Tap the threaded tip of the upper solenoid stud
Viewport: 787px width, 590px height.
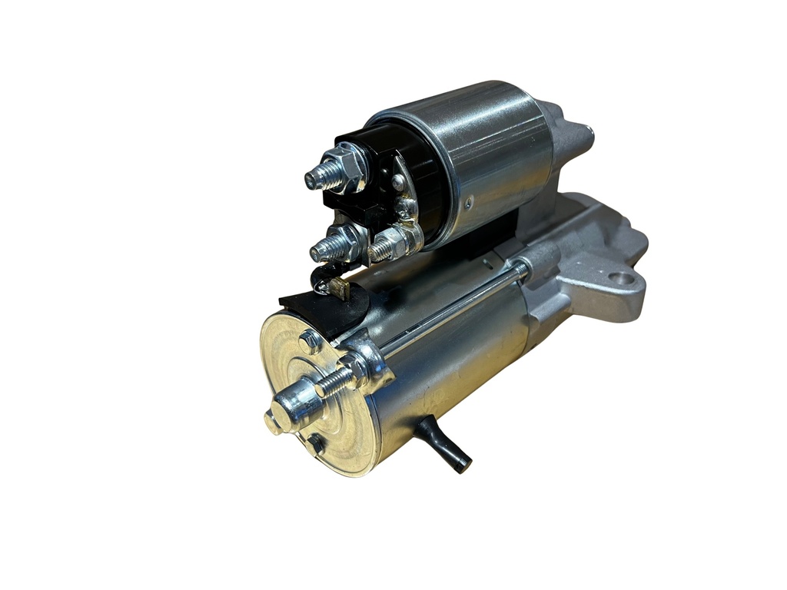(x=315, y=178)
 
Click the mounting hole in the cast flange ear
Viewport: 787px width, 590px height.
(x=620, y=277)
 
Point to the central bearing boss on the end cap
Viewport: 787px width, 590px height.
(x=293, y=403)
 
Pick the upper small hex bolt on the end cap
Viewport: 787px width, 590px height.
(x=310, y=341)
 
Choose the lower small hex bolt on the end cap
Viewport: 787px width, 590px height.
(x=314, y=443)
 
